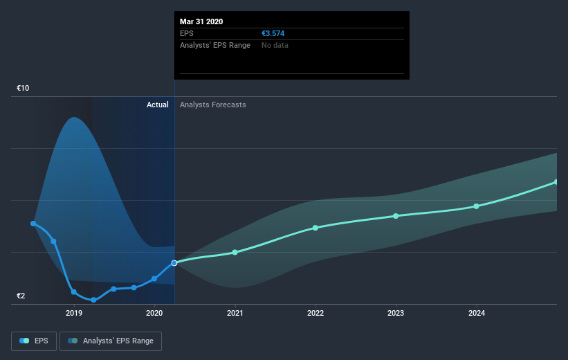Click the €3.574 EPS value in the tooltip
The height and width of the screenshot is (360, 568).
pyautogui.click(x=273, y=33)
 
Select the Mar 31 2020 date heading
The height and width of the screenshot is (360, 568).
pyautogui.click(x=201, y=21)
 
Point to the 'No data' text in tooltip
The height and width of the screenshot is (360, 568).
pyautogui.click(x=275, y=45)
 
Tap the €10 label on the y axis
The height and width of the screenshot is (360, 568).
pyautogui.click(x=23, y=88)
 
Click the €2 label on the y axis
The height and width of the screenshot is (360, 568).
pyautogui.click(x=21, y=296)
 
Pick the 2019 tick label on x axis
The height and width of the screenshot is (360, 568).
pyautogui.click(x=74, y=313)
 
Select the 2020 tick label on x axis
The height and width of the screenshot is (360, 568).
pyautogui.click(x=154, y=313)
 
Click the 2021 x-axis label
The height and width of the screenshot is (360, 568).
pyautogui.click(x=235, y=313)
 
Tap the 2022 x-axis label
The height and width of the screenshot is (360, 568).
pyautogui.click(x=315, y=313)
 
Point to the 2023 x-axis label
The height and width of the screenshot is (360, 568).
pyautogui.click(x=396, y=313)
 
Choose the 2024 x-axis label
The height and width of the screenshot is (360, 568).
pyautogui.click(x=477, y=313)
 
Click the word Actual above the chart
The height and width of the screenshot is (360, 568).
pyautogui.click(x=158, y=105)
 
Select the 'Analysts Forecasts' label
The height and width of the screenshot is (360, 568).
pyautogui.click(x=212, y=105)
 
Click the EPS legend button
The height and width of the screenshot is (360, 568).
pyautogui.click(x=34, y=341)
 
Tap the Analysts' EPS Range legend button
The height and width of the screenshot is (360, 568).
pyautogui.click(x=111, y=341)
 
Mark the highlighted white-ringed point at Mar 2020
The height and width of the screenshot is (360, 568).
pyautogui.click(x=174, y=263)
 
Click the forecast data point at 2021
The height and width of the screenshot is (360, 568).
pyautogui.click(x=235, y=252)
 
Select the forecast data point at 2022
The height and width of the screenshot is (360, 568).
pyautogui.click(x=315, y=228)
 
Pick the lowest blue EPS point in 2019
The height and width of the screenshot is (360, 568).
pyautogui.click(x=94, y=300)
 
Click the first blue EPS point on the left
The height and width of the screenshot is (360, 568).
pyautogui.click(x=33, y=224)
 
